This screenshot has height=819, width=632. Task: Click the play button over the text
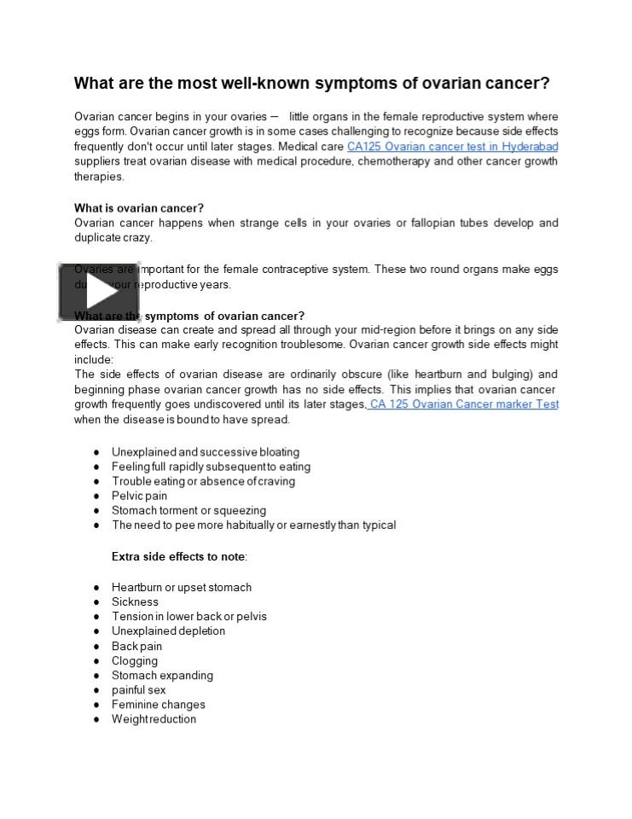99,293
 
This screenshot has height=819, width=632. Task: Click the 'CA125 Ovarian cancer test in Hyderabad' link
452,147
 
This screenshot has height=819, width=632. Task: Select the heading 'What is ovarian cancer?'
139,208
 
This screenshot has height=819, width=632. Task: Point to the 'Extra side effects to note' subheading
179,556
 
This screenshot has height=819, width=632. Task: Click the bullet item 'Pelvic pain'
139,496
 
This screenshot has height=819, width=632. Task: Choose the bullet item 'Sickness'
135,601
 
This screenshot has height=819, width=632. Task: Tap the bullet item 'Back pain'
136,646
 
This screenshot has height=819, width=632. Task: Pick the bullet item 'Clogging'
135,660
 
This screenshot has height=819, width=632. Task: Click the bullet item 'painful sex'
139,690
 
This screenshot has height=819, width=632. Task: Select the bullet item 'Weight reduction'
154,719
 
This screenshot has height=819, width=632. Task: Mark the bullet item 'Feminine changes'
159,705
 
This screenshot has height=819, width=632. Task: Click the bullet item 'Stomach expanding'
162,675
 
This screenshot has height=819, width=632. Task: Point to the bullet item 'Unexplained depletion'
168,631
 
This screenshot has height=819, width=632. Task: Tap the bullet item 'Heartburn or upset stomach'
182,587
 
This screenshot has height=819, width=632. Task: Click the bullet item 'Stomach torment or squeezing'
188,510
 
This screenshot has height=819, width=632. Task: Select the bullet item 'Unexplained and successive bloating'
206,452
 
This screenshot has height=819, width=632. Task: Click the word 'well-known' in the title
265,84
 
